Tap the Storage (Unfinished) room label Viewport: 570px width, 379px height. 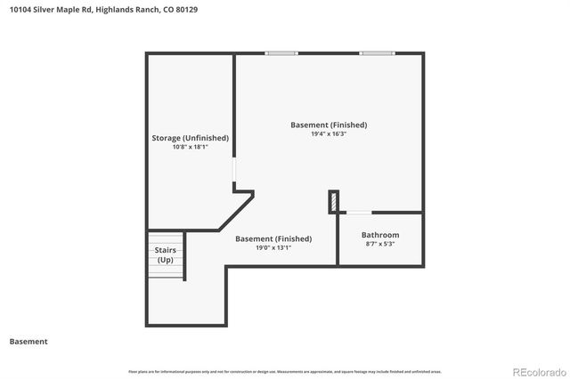[190, 138]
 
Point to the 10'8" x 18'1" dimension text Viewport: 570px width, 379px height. [190, 148]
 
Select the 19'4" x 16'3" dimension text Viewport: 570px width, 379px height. [328, 134]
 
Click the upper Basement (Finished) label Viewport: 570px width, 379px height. [329, 125]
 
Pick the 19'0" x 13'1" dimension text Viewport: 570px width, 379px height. [273, 248]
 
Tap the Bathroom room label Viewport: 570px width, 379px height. [380, 235]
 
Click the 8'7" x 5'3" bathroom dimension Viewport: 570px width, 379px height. [380, 244]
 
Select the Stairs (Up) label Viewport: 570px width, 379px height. [166, 255]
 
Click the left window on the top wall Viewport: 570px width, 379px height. [282, 53]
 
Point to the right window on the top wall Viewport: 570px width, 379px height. [375, 53]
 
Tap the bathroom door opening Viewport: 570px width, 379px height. [359, 213]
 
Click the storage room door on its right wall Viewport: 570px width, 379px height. [234, 171]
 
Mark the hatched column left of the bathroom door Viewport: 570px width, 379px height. [334, 202]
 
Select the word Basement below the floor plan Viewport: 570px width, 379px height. [28, 342]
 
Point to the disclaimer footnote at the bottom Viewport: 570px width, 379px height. [285, 371]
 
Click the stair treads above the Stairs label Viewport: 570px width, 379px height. [166, 238]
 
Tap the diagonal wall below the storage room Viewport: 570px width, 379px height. [236, 211]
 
